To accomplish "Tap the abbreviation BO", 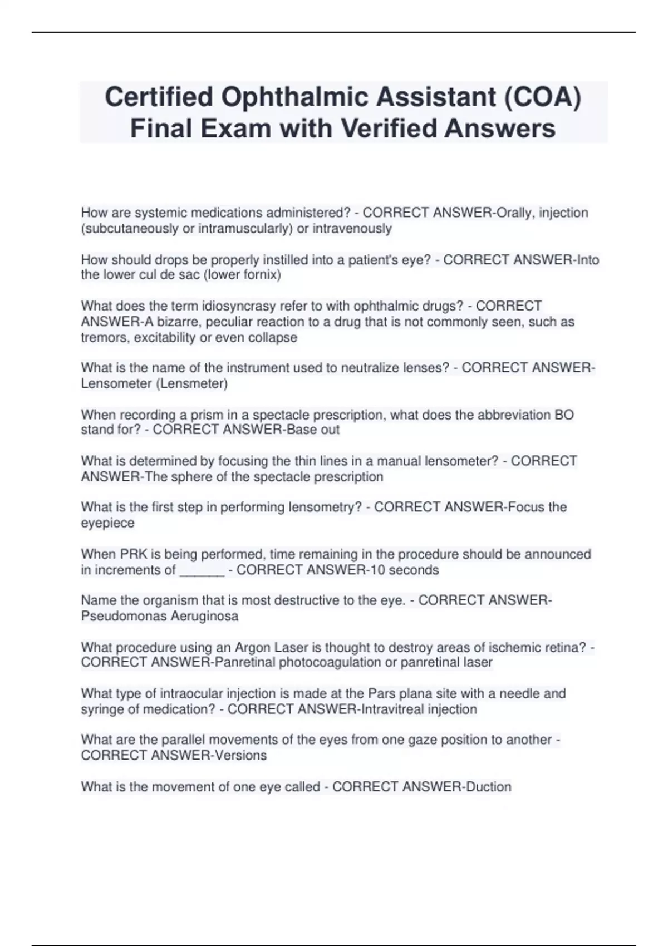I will click(564, 415).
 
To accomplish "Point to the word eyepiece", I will click(107, 524).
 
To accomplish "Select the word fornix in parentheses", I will click(258, 275).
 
